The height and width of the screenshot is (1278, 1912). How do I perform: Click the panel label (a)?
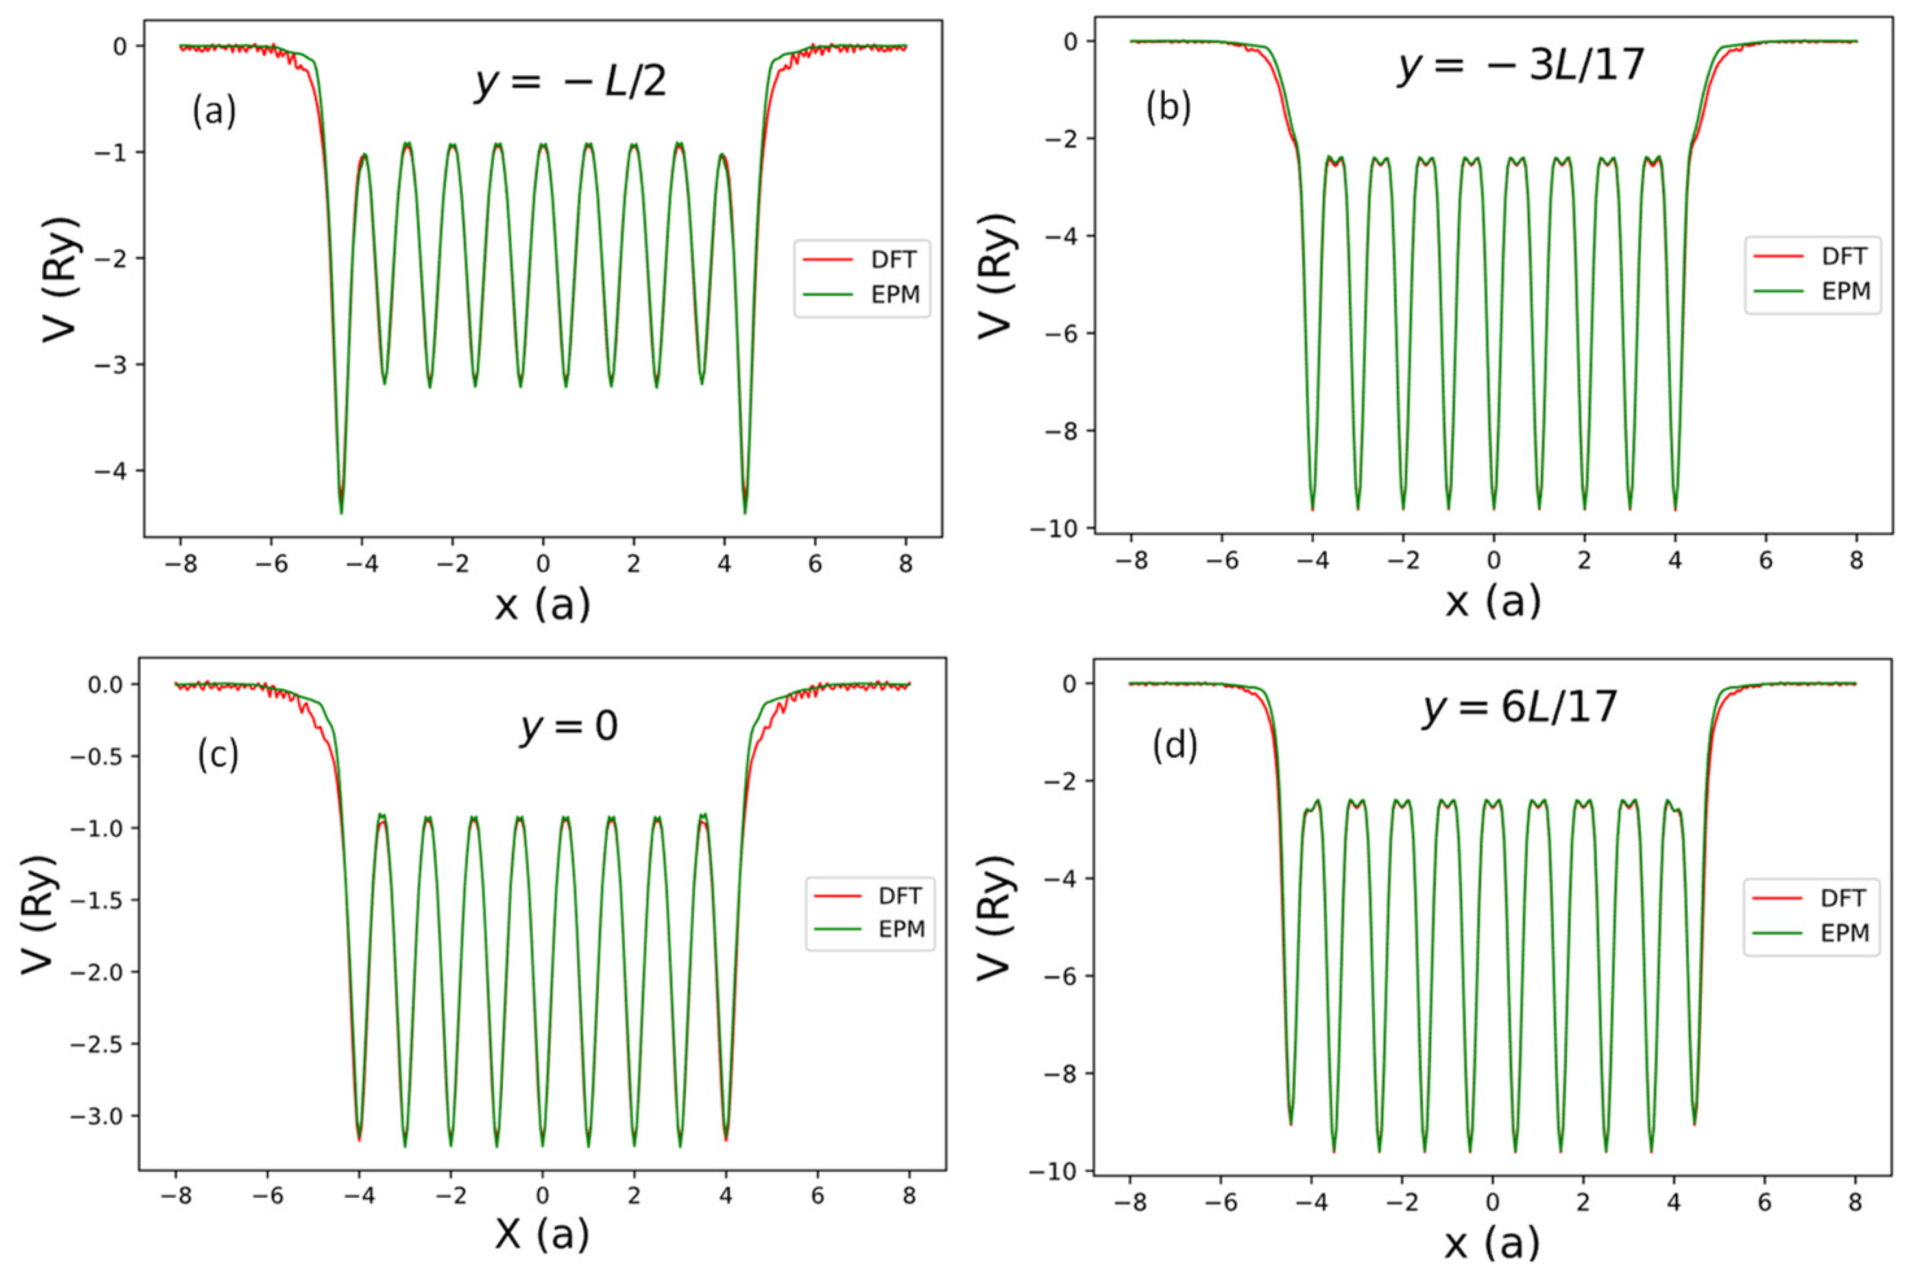(x=214, y=111)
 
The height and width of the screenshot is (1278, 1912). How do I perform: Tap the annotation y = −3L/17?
(x=1521, y=66)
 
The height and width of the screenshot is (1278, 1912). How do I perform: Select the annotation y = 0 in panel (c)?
(x=569, y=725)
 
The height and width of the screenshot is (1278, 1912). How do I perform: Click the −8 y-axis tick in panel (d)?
(x=1061, y=1074)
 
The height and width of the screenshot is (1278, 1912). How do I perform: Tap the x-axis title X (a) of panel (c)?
(x=542, y=1235)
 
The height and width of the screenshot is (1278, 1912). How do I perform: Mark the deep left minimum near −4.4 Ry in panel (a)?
(x=341, y=510)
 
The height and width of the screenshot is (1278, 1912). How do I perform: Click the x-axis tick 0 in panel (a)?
(x=543, y=563)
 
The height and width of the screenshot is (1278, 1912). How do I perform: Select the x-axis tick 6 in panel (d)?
(x=1765, y=1202)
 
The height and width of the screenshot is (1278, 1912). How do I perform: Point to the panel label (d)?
(x=1174, y=745)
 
